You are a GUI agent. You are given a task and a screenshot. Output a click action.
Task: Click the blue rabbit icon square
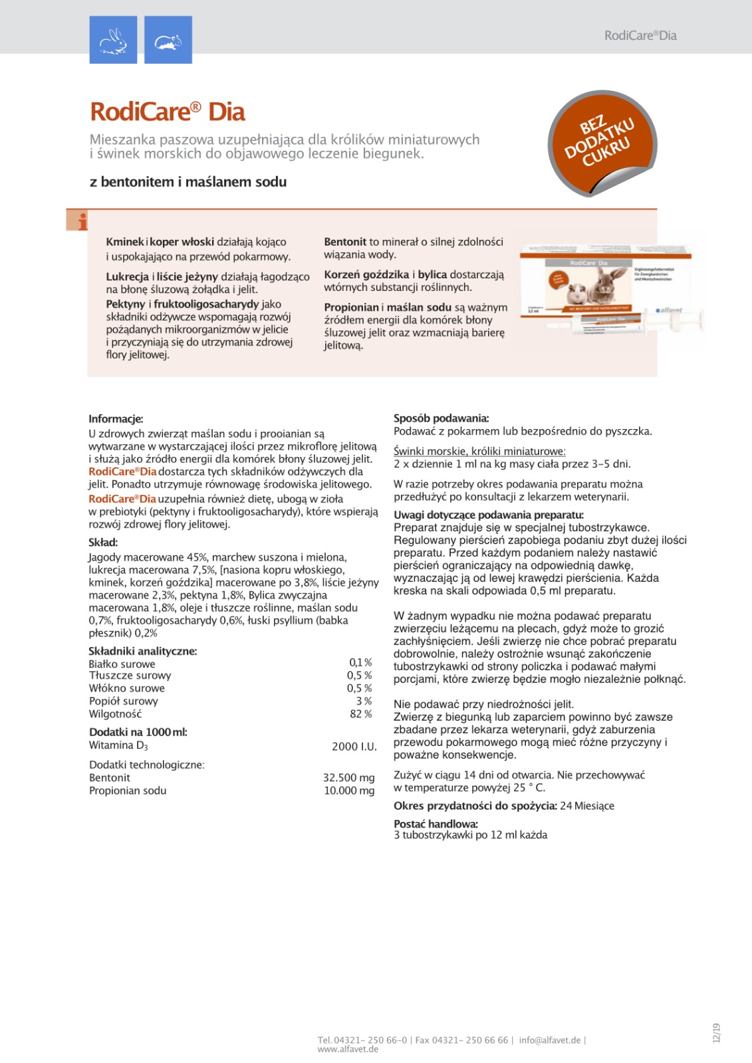[x=113, y=40]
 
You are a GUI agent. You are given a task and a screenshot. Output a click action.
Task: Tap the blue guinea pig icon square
[x=168, y=40]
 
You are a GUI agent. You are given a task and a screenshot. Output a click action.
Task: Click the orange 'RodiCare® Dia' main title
[x=168, y=112]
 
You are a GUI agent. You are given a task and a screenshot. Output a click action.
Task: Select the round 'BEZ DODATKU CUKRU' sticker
[x=602, y=144]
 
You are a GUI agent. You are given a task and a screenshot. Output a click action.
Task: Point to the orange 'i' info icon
[x=78, y=221]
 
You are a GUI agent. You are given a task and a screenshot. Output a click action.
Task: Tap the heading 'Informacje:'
[x=116, y=419]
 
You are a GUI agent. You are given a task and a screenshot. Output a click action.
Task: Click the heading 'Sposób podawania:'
[x=441, y=419]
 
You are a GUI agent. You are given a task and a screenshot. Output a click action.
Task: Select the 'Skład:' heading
[x=103, y=542]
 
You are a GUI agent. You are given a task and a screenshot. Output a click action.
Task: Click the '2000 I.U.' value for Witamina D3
[x=354, y=747]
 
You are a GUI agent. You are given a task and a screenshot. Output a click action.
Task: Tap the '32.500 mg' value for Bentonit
[x=349, y=778]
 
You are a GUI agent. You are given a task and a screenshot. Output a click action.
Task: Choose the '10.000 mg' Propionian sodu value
[x=349, y=791]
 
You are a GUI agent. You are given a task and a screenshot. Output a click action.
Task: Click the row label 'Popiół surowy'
[x=124, y=701]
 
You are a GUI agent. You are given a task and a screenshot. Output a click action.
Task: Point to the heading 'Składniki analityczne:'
[x=143, y=651]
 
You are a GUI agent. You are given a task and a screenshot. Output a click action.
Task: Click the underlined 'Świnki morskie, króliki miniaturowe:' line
[x=479, y=452]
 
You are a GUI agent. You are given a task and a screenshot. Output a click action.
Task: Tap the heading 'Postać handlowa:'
[x=436, y=824]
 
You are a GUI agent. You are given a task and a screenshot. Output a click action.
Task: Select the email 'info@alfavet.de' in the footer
[x=549, y=1040]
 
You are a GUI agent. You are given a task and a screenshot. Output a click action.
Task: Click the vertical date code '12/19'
[x=716, y=1033]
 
